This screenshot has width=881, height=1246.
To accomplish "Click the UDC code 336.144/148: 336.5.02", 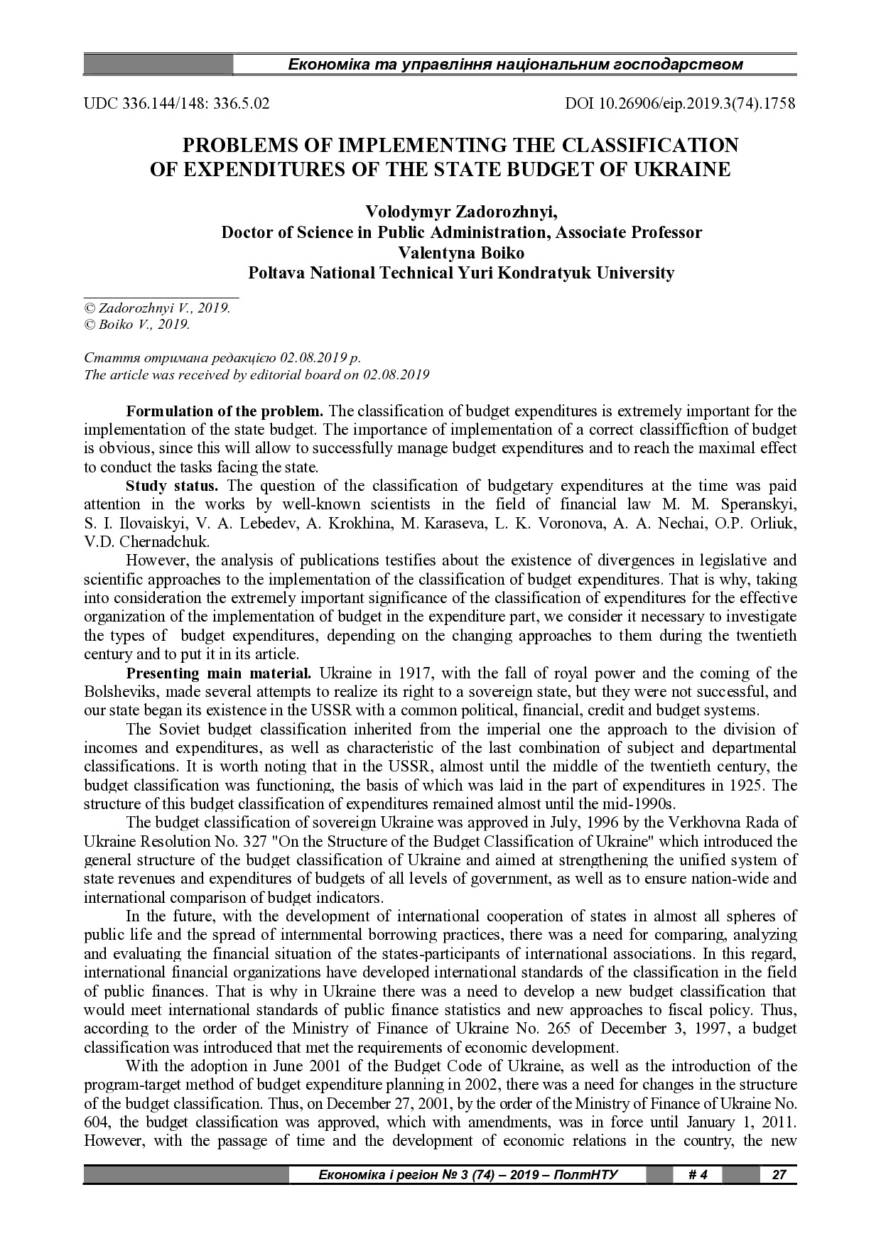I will tap(177, 103).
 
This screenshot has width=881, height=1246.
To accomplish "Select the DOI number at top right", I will tap(680, 103).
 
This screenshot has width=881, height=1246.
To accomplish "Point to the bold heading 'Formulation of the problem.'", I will tap(225, 411).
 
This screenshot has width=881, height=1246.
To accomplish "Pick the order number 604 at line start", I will tap(95, 1122).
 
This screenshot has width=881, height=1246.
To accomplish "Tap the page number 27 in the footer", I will tap(779, 1174).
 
